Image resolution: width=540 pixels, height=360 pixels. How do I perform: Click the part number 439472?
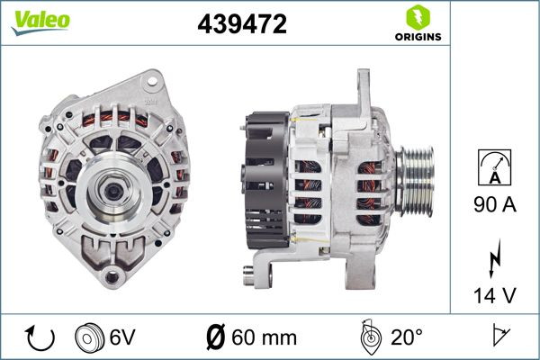[x=241, y=25]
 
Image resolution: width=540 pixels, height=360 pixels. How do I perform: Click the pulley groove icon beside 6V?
[x=90, y=338]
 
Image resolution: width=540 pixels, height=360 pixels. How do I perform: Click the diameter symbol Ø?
[x=216, y=338]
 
